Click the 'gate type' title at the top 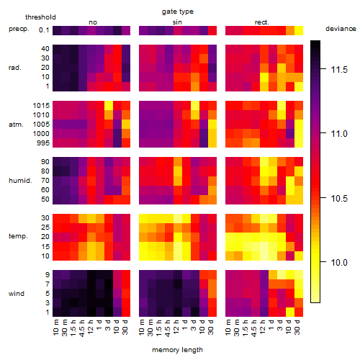178,12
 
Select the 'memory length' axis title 177,350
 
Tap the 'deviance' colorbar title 341,29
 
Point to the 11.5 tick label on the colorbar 339,70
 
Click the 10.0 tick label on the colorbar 339,263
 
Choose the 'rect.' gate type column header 261,22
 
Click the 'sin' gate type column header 177,22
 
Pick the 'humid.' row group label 20,181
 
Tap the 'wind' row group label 17,294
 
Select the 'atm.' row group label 16,125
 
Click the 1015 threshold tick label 41,106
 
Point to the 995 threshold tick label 43,143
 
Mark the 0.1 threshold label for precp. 44,30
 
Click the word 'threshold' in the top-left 40,17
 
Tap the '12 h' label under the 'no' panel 91,327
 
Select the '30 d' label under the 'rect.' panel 297,327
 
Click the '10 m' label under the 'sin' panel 142,328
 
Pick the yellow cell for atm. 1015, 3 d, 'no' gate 109,106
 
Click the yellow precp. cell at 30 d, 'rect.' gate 299,30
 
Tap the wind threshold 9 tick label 48,275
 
